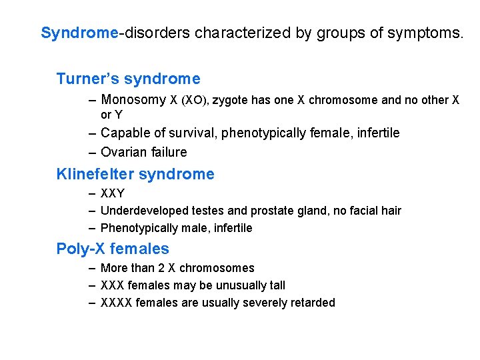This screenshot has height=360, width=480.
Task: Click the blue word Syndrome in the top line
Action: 79,33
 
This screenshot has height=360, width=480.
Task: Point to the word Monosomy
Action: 133,100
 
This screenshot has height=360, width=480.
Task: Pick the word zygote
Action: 231,101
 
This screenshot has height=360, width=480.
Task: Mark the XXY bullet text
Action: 112,194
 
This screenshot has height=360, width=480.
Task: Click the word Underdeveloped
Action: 140,211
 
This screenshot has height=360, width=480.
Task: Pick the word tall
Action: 277,285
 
